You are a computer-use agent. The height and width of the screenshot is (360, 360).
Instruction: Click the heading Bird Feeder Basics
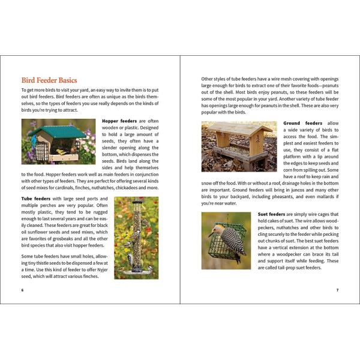(x=49, y=80)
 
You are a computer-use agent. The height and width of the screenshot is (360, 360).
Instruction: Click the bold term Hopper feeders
(x=119, y=121)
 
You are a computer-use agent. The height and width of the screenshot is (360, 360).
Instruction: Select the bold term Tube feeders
(x=35, y=198)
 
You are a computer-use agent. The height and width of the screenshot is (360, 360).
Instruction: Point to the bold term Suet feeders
(x=271, y=214)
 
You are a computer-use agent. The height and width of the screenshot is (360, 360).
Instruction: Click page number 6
(x=22, y=290)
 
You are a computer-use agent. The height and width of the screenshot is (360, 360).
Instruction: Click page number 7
(x=337, y=290)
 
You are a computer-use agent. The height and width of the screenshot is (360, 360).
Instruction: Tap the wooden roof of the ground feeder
(x=238, y=128)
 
